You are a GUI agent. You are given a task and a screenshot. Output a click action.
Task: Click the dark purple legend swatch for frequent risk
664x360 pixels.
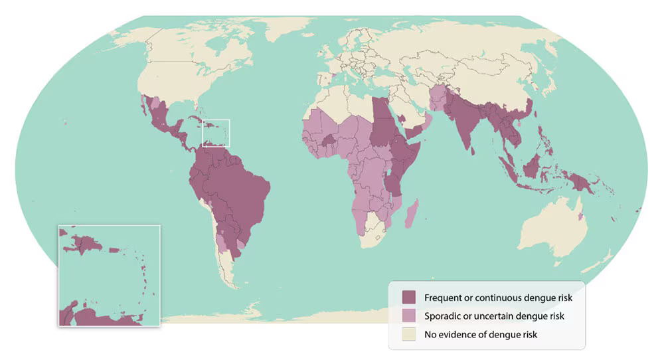[408, 298]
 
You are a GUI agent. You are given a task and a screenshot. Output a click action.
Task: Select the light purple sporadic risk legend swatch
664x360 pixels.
[408, 316]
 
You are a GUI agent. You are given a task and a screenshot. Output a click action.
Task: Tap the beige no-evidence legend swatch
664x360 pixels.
[408, 334]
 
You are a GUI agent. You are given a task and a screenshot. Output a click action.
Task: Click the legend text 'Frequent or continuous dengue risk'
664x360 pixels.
[498, 298]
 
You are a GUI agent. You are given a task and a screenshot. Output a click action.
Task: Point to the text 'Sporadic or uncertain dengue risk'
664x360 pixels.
[494, 316]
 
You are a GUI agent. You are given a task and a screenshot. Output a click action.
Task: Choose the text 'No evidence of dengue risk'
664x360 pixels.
[481, 334]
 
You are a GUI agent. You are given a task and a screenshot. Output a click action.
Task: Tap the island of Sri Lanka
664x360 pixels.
[473, 150]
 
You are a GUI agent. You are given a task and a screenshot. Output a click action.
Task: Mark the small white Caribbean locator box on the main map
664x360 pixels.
[216, 133]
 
